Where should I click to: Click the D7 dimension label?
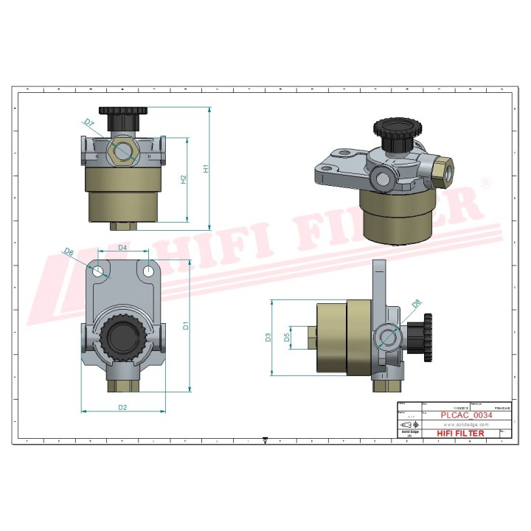(x=88, y=122)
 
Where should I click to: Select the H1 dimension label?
(x=206, y=168)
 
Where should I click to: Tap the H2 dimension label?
(x=184, y=178)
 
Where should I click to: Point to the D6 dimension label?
(x=69, y=252)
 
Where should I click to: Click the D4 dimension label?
(x=123, y=247)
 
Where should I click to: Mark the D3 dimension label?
(x=268, y=338)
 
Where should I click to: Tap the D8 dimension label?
(x=416, y=303)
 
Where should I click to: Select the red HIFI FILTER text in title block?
(x=461, y=434)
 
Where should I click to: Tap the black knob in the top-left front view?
(x=123, y=117)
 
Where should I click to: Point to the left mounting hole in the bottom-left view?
(x=97, y=271)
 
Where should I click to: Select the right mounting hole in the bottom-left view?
(x=149, y=271)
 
